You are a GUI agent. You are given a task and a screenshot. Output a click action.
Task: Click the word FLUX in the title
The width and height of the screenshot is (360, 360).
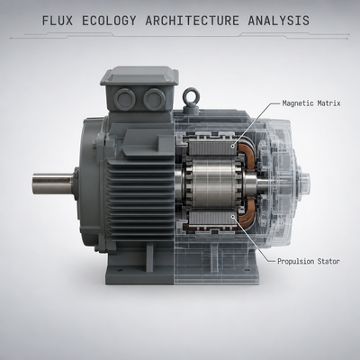point(58,21)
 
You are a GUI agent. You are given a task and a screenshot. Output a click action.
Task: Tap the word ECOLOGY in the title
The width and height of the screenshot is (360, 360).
point(109,21)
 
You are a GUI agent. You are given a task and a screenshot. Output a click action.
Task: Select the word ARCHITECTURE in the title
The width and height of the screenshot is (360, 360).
point(193,21)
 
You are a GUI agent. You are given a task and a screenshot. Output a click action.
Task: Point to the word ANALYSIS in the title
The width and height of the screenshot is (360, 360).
point(279,21)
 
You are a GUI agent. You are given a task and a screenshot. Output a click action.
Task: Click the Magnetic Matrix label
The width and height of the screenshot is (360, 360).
point(311,103)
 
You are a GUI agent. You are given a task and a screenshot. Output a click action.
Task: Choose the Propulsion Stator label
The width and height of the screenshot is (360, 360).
point(309,262)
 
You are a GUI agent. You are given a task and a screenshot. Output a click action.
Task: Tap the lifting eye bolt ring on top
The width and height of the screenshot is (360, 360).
point(191,95)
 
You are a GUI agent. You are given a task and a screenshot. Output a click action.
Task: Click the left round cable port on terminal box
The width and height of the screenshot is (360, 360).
point(125,99)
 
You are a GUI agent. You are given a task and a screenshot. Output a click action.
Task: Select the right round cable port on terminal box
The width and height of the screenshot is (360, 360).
point(154,99)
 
